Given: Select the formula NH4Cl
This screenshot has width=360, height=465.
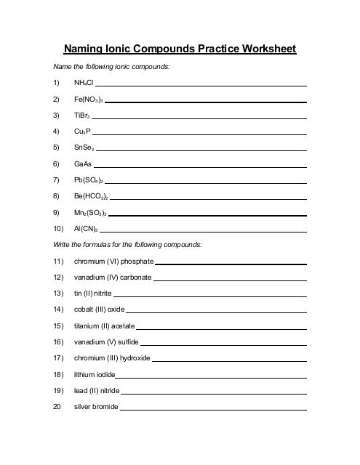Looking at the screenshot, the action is (x=84, y=84).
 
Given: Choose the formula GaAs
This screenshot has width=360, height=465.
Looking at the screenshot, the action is (x=83, y=164).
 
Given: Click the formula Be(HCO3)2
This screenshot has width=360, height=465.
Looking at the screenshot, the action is (x=91, y=196).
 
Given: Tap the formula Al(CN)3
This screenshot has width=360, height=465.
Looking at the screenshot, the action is (x=87, y=228).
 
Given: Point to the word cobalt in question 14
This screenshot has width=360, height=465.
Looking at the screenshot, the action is (x=84, y=310).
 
